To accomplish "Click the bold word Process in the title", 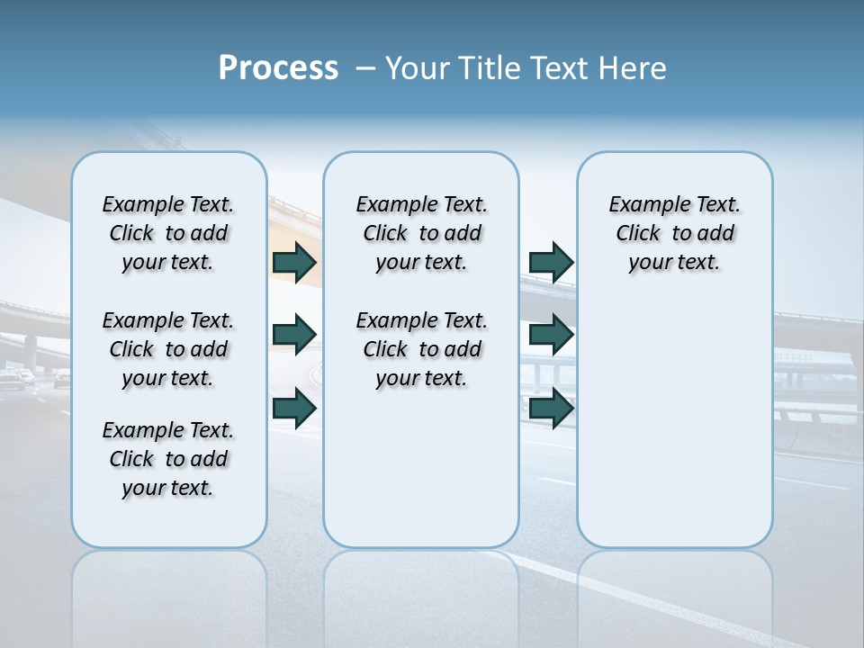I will point(278,68).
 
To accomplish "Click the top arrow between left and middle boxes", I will point(294,262).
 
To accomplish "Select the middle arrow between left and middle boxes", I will point(294,335).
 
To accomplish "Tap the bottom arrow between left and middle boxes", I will point(294,408).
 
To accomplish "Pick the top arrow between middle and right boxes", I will point(551,262).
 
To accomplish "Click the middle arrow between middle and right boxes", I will point(551,335).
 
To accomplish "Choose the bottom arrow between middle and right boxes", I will point(551,408).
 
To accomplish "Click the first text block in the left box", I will point(168,233).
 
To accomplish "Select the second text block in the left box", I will point(168,349).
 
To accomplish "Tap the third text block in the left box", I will point(168,459).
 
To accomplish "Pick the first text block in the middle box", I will point(421,233).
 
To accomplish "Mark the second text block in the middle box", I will point(421,349).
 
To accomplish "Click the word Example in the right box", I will point(642,204).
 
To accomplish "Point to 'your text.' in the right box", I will point(674,262).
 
